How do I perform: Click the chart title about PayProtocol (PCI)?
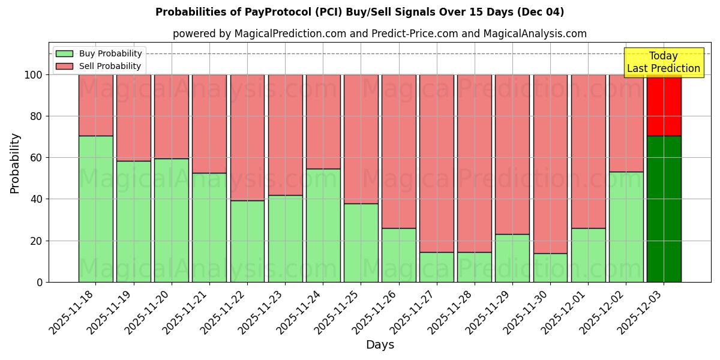pyautogui.click(x=359, y=12)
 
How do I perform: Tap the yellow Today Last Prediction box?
pyautogui.click(x=663, y=62)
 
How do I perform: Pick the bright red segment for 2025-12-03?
pyautogui.click(x=664, y=105)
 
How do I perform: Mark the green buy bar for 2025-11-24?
pyautogui.click(x=323, y=225)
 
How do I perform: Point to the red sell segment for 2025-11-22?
pyautogui.click(x=247, y=137)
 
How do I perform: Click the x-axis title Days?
pyautogui.click(x=380, y=345)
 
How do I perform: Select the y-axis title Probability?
pyautogui.click(x=15, y=163)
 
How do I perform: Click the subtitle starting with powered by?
pyautogui.click(x=380, y=34)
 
